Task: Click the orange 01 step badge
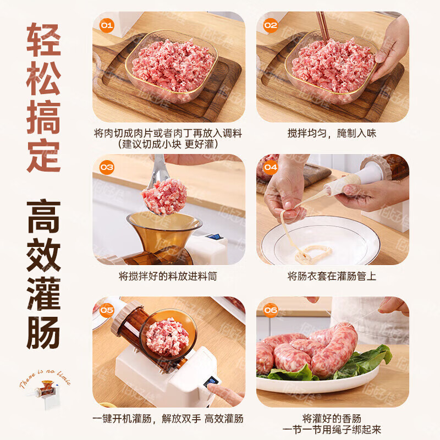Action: (x=106, y=25)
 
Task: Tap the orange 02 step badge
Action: (x=271, y=25)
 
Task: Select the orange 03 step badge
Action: (x=106, y=167)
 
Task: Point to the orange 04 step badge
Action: (x=271, y=167)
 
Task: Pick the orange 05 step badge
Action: (x=106, y=310)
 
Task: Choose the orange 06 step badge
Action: (x=271, y=310)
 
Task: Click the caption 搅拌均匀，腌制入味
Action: (x=332, y=133)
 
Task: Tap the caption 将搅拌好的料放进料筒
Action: (x=168, y=276)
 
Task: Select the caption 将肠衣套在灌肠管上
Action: (x=332, y=276)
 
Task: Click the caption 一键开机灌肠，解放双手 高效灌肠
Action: (x=168, y=419)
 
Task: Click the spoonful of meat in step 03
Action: (x=164, y=196)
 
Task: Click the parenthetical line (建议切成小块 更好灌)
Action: (x=168, y=144)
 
